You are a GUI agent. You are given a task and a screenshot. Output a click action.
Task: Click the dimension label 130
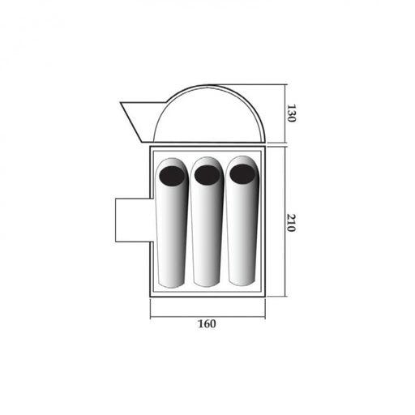(291, 113)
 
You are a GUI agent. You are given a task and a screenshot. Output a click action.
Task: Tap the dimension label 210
(291, 223)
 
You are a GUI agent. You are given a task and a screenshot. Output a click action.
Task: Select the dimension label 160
(207, 323)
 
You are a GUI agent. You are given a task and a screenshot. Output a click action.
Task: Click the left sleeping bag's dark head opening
(172, 176)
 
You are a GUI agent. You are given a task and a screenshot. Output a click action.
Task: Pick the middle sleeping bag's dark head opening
(207, 175)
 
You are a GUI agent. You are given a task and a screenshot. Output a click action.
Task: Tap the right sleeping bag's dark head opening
(242, 173)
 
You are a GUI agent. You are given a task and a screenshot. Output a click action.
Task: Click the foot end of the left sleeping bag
(171, 283)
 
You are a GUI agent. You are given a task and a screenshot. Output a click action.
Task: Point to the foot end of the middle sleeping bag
(207, 281)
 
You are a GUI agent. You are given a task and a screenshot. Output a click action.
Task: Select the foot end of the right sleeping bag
(242, 280)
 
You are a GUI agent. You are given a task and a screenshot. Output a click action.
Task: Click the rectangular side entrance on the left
(134, 220)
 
